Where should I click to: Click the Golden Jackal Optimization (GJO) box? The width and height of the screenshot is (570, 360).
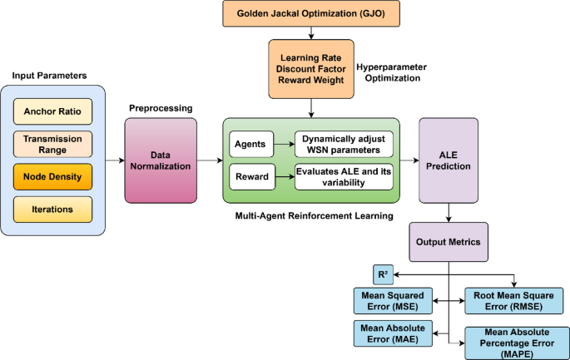point(311,13)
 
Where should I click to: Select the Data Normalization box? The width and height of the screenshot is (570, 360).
point(161,160)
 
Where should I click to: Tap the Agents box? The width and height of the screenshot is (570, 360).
point(251,143)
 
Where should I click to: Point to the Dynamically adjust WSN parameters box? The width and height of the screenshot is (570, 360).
point(344,143)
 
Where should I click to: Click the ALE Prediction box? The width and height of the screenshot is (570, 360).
point(449,160)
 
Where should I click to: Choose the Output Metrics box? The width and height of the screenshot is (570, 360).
point(449,244)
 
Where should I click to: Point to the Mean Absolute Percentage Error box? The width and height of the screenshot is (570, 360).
point(513,341)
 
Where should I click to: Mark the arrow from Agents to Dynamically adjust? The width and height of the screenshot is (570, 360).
point(284,143)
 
